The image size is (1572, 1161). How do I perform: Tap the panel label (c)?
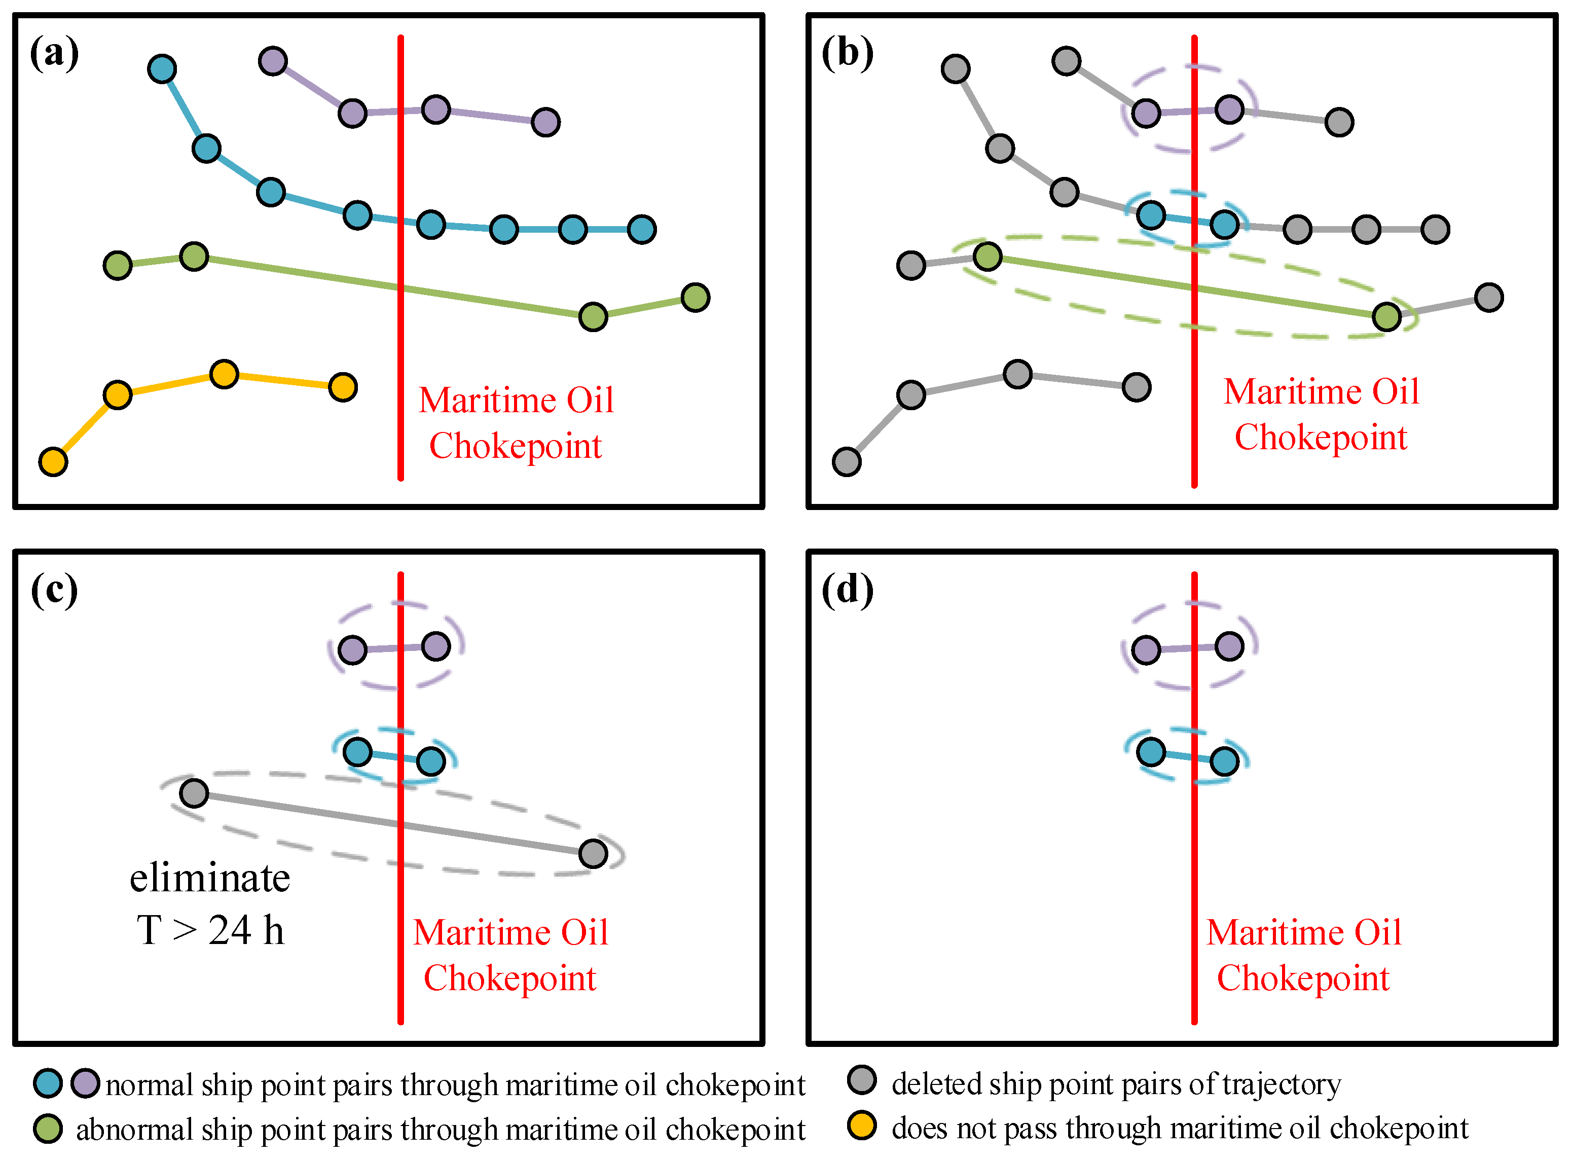(x=54, y=590)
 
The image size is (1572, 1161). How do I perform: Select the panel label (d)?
(x=848, y=590)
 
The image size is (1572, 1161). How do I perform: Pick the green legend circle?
(x=48, y=1129)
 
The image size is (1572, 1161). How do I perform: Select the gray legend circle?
(x=862, y=1080)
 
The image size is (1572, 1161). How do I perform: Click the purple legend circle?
(x=86, y=1083)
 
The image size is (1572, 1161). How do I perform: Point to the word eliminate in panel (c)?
(x=209, y=879)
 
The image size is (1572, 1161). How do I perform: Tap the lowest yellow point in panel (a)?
(x=53, y=462)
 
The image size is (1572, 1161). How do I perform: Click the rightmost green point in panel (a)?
(x=695, y=297)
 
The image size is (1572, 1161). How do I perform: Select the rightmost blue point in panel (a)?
(x=642, y=229)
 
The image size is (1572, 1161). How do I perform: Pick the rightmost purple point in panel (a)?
(x=546, y=122)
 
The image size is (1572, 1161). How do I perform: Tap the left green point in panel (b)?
(x=988, y=256)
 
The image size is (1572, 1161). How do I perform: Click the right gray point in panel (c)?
(x=593, y=854)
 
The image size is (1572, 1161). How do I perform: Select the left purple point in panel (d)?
(x=1146, y=650)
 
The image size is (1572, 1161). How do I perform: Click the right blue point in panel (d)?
(x=1224, y=761)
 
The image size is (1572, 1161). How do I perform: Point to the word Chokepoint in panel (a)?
(x=515, y=446)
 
